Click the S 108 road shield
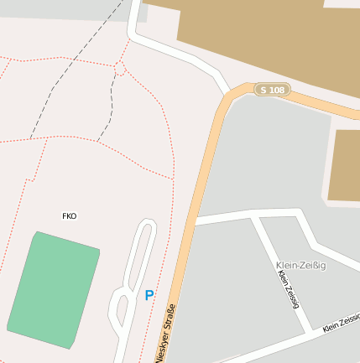coord(272,89)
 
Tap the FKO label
coord(69,216)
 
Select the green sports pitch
coord(54,290)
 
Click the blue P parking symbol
coord(149,295)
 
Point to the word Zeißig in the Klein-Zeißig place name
coord(312,265)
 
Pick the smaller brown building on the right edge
coord(344,165)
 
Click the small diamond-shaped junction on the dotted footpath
coord(120,68)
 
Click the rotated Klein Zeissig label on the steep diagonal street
coord(289,289)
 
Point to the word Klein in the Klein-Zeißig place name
coord(287,265)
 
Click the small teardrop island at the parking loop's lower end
coord(123,311)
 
